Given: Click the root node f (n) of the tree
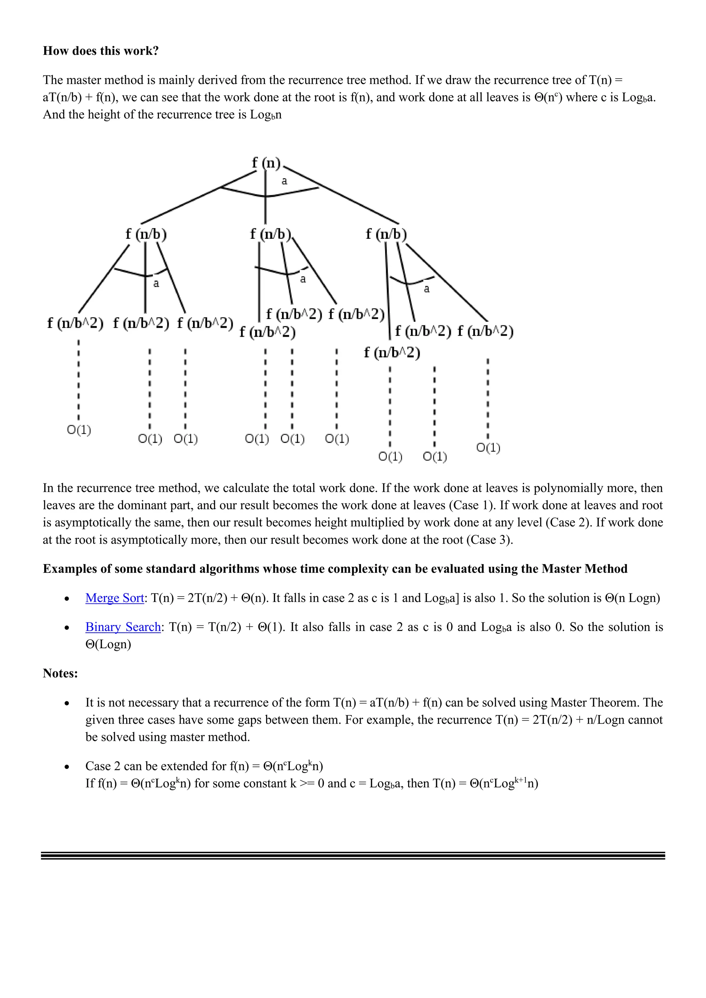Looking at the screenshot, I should [x=266, y=163].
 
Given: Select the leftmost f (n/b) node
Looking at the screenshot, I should [x=146, y=234].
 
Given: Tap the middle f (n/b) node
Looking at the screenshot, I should [x=270, y=234].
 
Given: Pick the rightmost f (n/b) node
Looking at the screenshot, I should [x=386, y=234].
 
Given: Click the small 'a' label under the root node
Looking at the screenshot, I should [x=284, y=181].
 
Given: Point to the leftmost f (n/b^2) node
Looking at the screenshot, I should [x=75, y=323].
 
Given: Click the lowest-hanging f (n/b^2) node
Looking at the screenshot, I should [x=392, y=352].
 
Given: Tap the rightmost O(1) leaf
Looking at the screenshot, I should [x=488, y=447].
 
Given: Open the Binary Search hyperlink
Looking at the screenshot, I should [x=123, y=627].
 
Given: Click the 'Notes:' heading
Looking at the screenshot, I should [x=60, y=673].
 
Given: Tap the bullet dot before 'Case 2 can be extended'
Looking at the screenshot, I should [x=67, y=767].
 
